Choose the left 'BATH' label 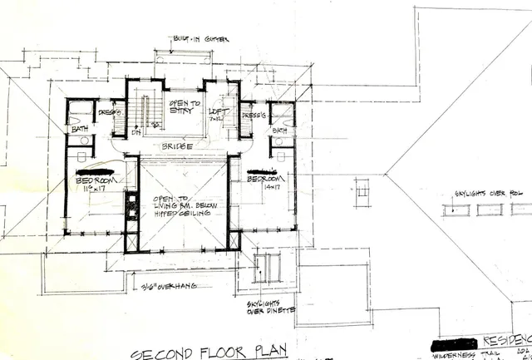click(x=80, y=129)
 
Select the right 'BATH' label click(x=279, y=131)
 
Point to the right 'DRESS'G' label click(x=253, y=114)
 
